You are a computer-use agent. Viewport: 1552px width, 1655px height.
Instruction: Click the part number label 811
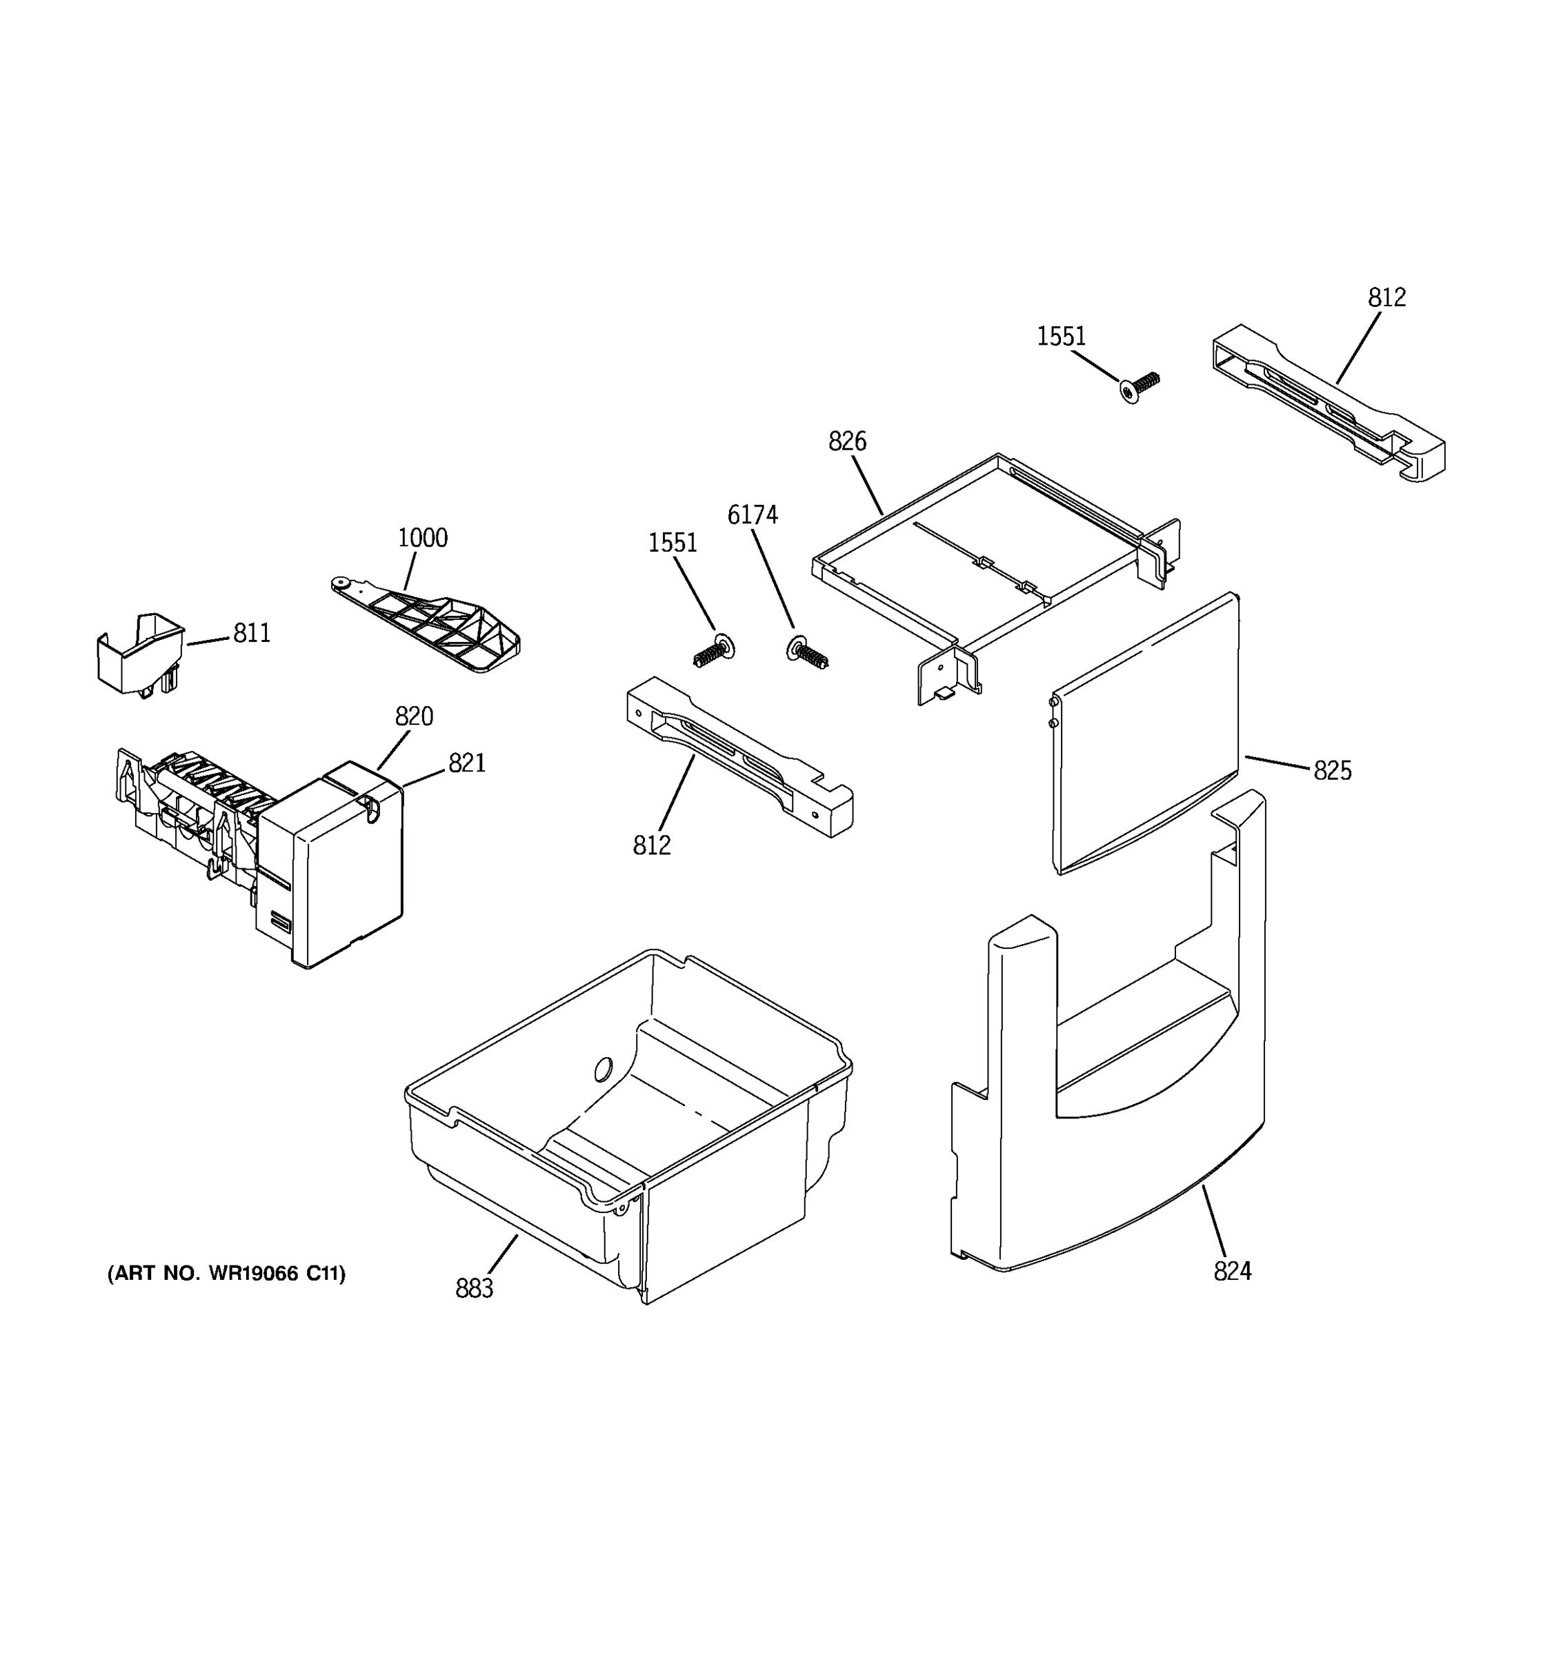[x=252, y=634]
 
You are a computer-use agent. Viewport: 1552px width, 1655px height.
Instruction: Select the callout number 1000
[x=422, y=538]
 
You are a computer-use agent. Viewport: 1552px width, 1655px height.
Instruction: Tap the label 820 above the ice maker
[x=414, y=716]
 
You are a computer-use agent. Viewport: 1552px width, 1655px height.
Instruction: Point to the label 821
[x=466, y=763]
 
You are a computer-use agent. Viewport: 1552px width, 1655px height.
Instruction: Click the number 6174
[x=753, y=515]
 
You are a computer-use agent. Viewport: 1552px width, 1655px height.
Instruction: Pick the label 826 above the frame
[x=847, y=441]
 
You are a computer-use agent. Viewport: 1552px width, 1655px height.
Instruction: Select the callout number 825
[x=1332, y=771]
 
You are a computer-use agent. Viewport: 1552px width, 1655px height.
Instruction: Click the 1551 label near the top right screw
[x=1061, y=337]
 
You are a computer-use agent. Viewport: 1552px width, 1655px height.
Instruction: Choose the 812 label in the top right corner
[x=1386, y=297]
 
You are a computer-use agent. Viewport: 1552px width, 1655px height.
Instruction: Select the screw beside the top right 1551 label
[x=1138, y=386]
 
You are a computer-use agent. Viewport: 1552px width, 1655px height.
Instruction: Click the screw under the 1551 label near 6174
[x=713, y=650]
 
